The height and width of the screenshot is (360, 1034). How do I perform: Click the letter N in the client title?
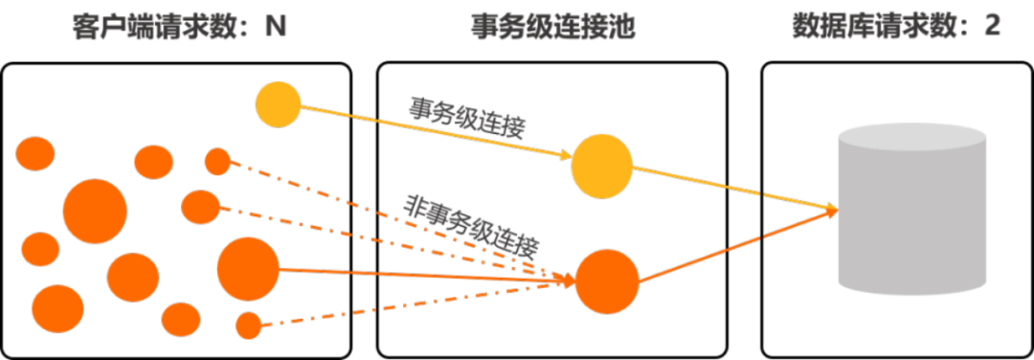(278, 27)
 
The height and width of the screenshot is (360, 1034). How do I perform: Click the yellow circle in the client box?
(279, 103)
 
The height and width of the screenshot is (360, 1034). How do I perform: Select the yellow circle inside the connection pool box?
(602, 166)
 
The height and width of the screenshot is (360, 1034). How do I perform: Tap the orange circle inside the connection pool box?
(607, 281)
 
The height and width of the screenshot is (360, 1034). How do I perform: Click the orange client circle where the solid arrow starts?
(248, 269)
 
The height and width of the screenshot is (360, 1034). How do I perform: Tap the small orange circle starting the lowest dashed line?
(249, 326)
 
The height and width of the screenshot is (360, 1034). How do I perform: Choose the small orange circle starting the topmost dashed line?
(217, 162)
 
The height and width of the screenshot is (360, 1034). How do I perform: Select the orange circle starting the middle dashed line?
(200, 207)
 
